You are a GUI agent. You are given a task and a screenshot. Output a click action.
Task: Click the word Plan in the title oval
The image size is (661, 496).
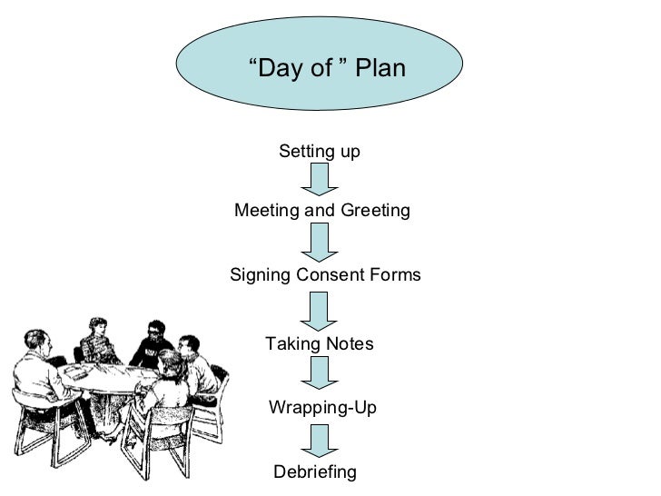point(380,68)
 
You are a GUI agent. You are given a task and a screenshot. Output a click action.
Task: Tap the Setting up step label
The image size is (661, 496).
point(319,151)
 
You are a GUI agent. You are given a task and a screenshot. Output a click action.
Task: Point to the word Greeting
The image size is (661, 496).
point(375,211)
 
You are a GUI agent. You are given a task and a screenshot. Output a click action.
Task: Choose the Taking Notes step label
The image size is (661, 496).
point(319,344)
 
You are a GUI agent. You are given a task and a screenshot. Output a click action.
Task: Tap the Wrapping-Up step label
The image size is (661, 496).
point(322,408)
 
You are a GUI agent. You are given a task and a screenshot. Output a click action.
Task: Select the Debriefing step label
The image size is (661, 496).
point(315,472)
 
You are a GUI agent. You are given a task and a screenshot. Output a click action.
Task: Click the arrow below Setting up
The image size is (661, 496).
point(319,180)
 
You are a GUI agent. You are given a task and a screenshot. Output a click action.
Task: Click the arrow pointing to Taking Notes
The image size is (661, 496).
point(319,310)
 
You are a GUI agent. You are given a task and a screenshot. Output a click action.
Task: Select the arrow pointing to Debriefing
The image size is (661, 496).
point(319,441)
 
